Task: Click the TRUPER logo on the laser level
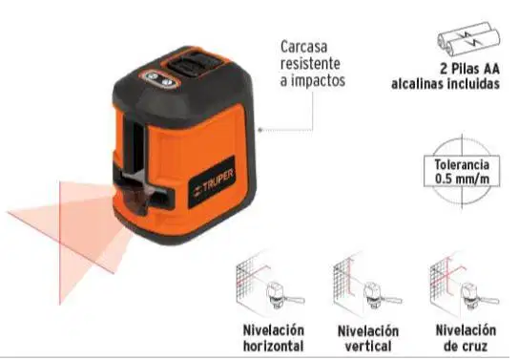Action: pos(213,183)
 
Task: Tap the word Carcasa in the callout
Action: pos(303,47)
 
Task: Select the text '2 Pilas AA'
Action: pos(469,69)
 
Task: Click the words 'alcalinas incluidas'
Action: pos(446,84)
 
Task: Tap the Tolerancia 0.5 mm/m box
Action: pos(462,172)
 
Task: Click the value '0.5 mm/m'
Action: pos(462,180)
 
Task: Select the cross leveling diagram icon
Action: pos(464,286)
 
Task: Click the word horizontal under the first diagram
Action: pos(274,346)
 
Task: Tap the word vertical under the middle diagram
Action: pos(368,347)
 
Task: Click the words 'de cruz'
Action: pos(466,347)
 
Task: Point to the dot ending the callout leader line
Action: pos(259,130)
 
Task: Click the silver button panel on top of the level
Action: pos(159,79)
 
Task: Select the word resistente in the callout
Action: pos(310,63)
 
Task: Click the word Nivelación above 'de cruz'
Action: pos(466,330)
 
